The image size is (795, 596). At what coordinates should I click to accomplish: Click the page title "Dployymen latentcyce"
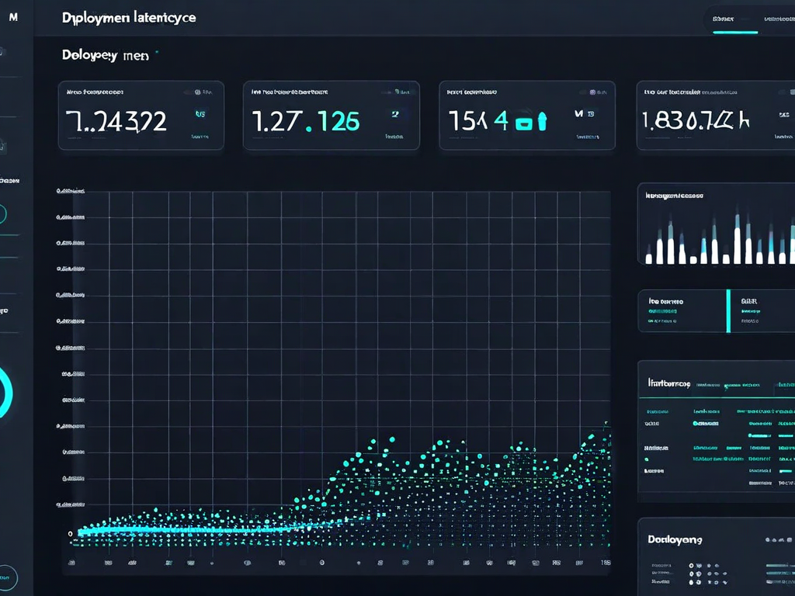(129, 18)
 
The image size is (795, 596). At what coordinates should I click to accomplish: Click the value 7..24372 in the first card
(116, 121)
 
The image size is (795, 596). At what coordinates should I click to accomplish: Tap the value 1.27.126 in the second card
(306, 121)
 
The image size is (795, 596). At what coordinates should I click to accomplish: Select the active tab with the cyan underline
(734, 19)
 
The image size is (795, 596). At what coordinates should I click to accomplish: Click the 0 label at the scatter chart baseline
(71, 533)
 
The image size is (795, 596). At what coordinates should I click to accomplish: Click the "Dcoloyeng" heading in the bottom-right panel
(675, 539)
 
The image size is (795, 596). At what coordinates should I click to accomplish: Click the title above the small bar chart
(674, 196)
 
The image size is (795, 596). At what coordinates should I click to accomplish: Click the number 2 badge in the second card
(394, 114)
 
